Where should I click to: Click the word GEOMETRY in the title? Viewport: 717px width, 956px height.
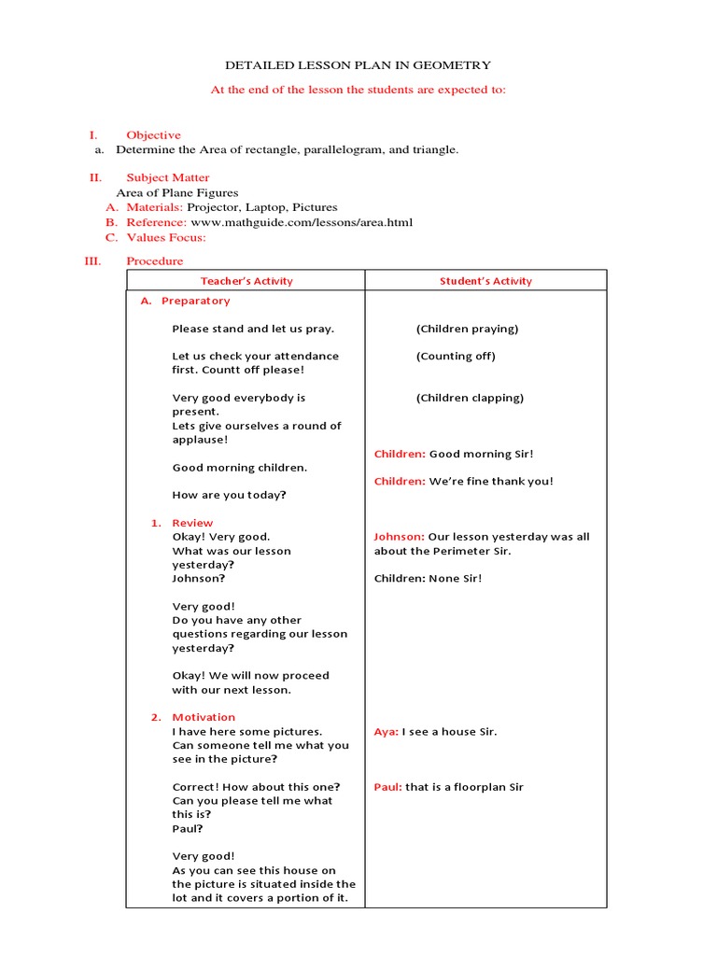pos(455,65)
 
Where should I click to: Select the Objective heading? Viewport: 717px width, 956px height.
pos(154,135)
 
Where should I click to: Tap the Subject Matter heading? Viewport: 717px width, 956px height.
pos(168,177)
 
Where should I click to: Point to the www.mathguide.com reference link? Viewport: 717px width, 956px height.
pos(301,222)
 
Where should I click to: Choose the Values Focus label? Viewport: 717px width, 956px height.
pos(166,237)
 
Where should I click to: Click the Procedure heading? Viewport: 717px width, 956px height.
pos(155,261)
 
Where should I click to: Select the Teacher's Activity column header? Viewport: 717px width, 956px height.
pos(246,281)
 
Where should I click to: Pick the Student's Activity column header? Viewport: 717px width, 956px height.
pos(485,281)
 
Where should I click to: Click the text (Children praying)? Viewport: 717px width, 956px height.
pos(467,329)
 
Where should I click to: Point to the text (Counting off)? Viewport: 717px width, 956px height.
pos(456,356)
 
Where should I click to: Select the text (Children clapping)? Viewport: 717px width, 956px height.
pos(470,398)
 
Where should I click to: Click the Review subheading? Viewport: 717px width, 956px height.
pos(192,523)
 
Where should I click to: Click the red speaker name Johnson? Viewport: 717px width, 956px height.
pos(400,537)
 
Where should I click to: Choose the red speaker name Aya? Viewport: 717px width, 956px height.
pos(386,732)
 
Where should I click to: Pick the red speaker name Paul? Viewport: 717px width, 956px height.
pos(387,787)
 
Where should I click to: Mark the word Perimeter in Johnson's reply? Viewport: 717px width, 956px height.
pos(460,551)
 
